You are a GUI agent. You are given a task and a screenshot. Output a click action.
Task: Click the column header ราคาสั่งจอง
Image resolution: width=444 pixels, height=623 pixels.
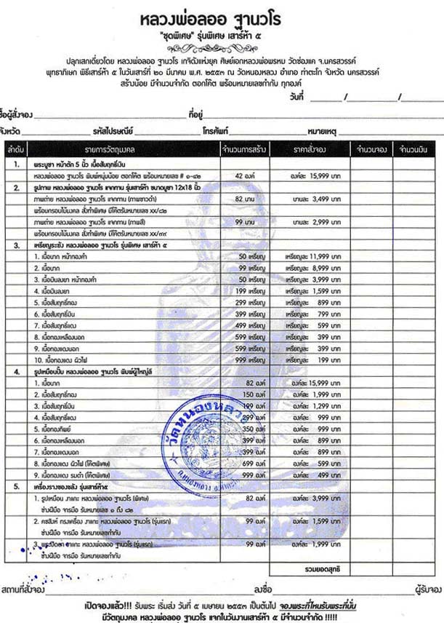(312, 149)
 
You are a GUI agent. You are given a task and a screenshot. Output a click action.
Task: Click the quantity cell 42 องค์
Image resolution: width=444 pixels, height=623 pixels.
(249, 176)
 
